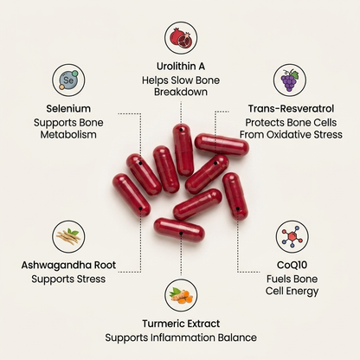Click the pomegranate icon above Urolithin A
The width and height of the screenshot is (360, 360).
click(x=181, y=38)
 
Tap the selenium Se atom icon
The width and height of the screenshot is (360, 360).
click(x=68, y=80)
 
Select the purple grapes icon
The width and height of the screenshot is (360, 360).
click(x=290, y=80)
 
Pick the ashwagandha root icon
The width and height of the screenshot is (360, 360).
click(x=68, y=236)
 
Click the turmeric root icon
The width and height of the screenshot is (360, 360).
click(x=181, y=296)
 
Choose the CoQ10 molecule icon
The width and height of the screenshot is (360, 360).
click(x=292, y=236)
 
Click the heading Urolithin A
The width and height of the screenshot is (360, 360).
click(x=181, y=67)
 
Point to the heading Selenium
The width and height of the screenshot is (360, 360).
click(x=68, y=109)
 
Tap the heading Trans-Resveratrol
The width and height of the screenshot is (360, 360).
click(x=291, y=109)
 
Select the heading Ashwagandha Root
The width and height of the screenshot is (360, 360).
click(x=68, y=265)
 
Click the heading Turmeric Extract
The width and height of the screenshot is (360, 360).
click(x=181, y=324)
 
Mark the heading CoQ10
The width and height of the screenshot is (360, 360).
click(x=292, y=265)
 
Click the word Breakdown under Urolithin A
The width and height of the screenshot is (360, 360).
click(x=181, y=92)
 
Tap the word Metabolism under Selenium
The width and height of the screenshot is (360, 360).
click(x=68, y=135)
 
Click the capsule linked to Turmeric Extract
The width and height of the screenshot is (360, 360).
click(x=179, y=230)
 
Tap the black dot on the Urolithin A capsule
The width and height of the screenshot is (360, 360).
click(x=181, y=130)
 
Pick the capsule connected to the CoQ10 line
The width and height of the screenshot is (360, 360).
click(x=235, y=196)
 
